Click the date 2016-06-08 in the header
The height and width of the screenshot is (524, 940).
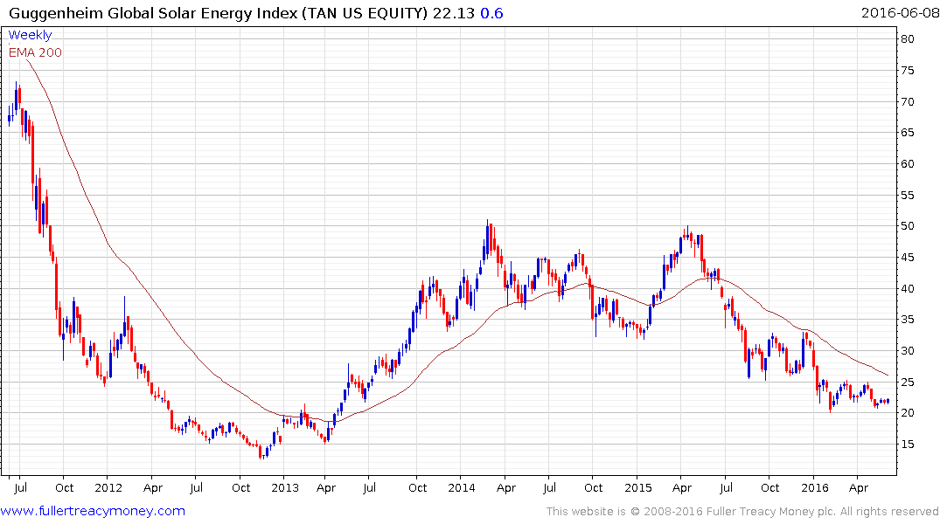[x=898, y=12]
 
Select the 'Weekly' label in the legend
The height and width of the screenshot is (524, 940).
[x=30, y=35]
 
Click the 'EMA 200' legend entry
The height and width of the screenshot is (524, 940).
[x=35, y=52]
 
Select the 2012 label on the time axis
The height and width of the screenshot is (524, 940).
[x=108, y=487]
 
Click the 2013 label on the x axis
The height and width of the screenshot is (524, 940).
[x=285, y=487]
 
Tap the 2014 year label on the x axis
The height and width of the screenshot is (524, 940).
[x=461, y=487]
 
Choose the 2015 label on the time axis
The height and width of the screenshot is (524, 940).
[x=638, y=487]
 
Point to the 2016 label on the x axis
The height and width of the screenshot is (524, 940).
[x=815, y=487]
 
